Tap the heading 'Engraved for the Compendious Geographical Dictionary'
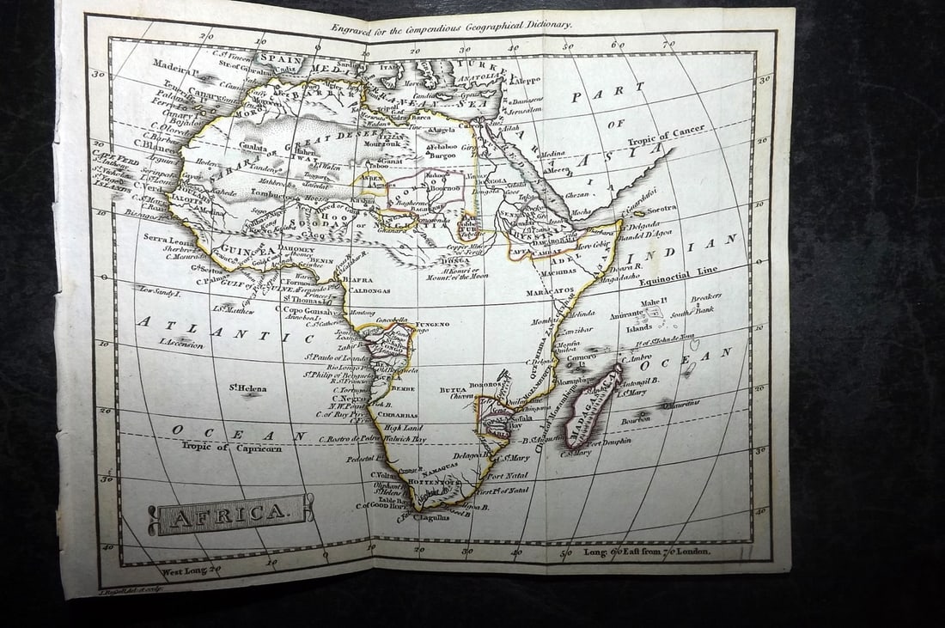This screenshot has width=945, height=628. [x=451, y=27]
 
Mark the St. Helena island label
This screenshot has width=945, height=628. [x=247, y=388]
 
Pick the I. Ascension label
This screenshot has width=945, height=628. [x=181, y=344]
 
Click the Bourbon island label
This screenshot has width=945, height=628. [x=637, y=420]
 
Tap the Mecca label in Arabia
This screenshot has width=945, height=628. [x=558, y=170]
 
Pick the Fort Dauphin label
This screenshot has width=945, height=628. [x=607, y=441]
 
